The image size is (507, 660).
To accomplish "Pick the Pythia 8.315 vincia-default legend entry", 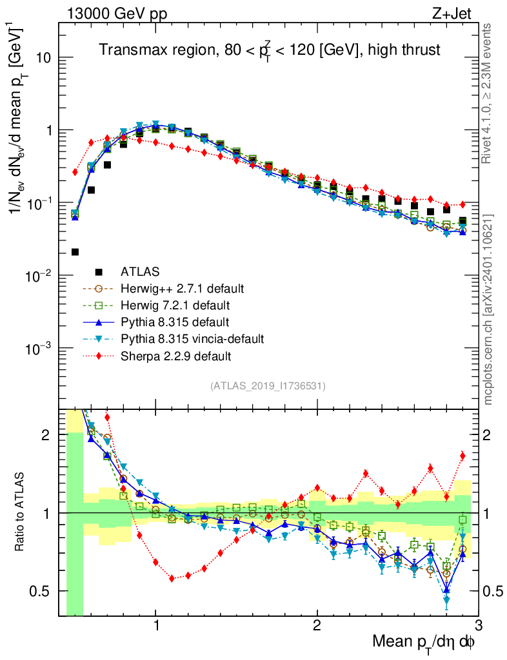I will point(193,338).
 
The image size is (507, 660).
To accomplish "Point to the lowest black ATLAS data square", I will point(75,252).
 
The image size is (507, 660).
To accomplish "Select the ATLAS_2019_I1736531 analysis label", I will point(268,386).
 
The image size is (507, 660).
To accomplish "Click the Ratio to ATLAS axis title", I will point(21,512).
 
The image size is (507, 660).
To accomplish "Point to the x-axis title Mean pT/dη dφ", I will point(424,642).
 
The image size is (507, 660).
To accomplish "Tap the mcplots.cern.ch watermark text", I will point(488,309).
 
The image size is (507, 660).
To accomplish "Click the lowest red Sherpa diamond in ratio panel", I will point(172,579).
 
